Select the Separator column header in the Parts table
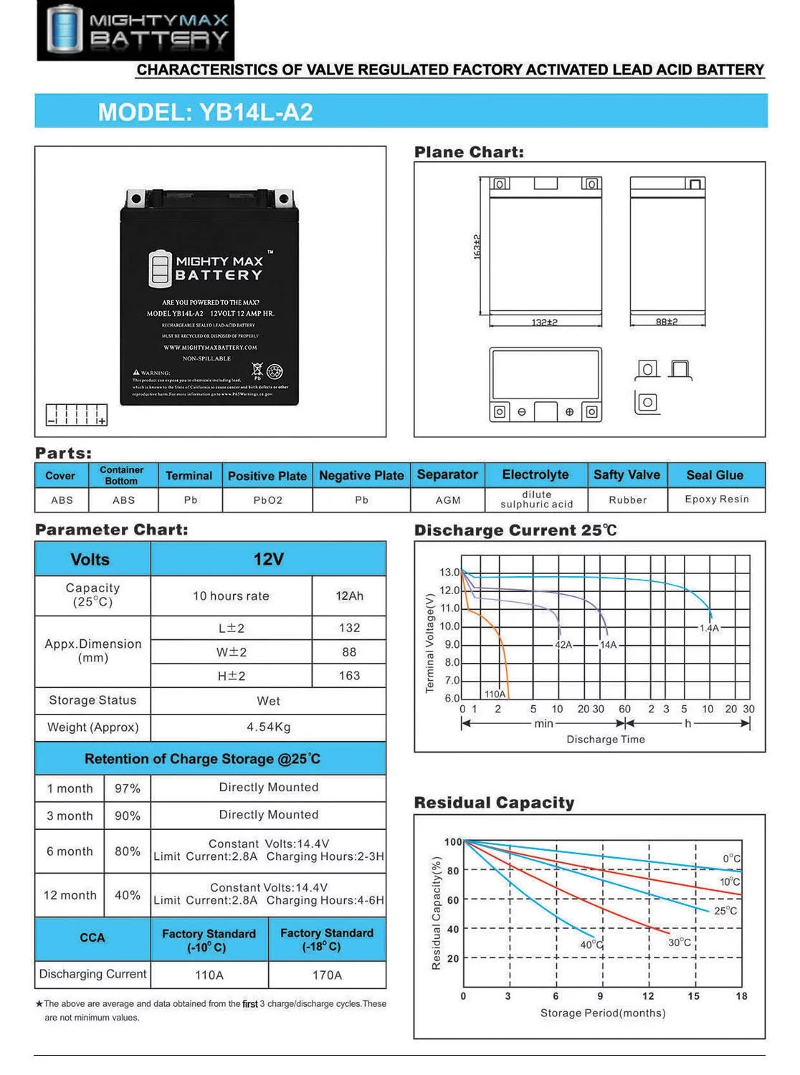(447, 474)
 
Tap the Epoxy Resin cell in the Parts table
(716, 500)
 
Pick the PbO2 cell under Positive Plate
(267, 500)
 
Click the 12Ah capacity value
(349, 596)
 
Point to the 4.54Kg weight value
(268, 727)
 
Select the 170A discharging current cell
(327, 975)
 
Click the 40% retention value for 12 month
(128, 895)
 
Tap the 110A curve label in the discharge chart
(495, 694)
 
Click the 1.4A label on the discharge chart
(709, 628)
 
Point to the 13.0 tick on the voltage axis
(449, 572)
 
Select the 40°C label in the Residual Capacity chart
(592, 945)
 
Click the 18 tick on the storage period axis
(741, 996)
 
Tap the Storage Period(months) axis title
(603, 1013)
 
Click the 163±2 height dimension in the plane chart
(477, 247)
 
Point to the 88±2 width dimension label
(667, 322)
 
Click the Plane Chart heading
(469, 152)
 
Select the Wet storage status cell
(268, 701)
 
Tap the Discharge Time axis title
(606, 740)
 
